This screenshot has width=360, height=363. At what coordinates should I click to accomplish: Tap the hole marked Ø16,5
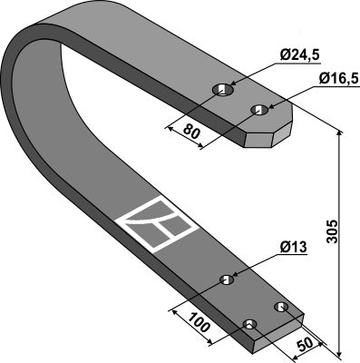pyautogui.click(x=258, y=110)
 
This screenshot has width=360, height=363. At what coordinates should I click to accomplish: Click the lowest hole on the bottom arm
pyautogui.click(x=249, y=324)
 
